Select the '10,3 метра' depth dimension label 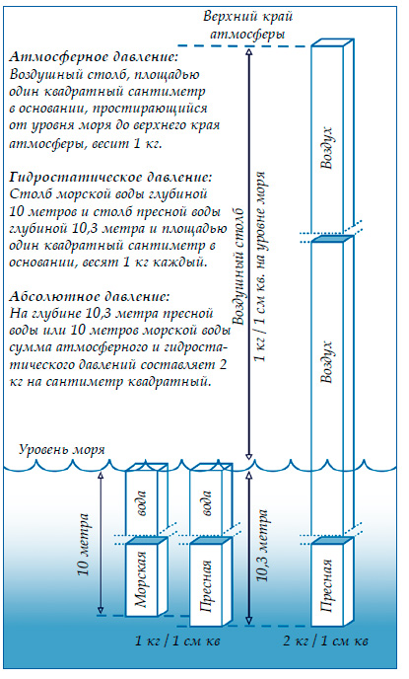click(261, 559)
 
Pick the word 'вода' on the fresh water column click(206, 503)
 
